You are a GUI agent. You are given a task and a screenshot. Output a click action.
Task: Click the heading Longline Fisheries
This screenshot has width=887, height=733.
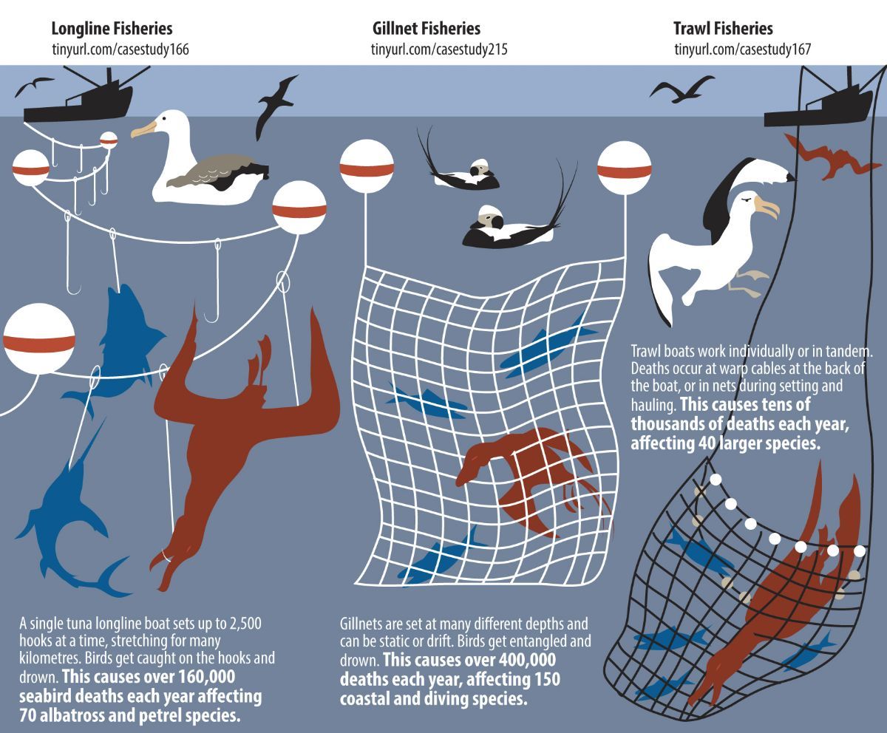pyautogui.click(x=112, y=29)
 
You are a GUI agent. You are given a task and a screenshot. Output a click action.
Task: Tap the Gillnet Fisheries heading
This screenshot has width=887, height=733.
pyautogui.click(x=426, y=29)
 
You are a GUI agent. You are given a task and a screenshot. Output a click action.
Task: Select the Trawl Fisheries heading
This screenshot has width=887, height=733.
pyautogui.click(x=722, y=29)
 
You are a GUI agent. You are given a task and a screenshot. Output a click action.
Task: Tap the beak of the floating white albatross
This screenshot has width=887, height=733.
pyautogui.click(x=142, y=130)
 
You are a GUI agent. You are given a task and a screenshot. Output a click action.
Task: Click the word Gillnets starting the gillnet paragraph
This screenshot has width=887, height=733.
pyautogui.click(x=362, y=622)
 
